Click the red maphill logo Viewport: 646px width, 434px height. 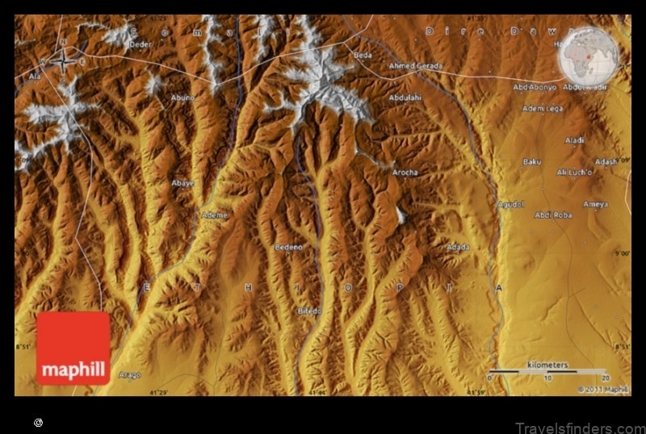pyautogui.click(x=73, y=348)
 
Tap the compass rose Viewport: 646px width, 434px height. pyautogui.click(x=62, y=58)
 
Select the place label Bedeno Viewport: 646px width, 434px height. pyautogui.click(x=288, y=248)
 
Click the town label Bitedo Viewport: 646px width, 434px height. pyautogui.click(x=309, y=311)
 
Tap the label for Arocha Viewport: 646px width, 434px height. pyautogui.click(x=405, y=173)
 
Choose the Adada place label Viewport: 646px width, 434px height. pyautogui.click(x=458, y=247)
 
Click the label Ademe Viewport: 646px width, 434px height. pyautogui.click(x=215, y=215)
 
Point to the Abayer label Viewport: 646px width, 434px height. pyautogui.click(x=183, y=183)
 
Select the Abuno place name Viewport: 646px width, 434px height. pyautogui.click(x=182, y=98)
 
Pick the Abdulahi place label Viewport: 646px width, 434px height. pyautogui.click(x=405, y=98)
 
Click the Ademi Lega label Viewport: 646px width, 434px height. pyautogui.click(x=543, y=108)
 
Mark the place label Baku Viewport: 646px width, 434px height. pyautogui.click(x=532, y=161)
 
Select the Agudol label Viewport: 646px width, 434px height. pyautogui.click(x=510, y=204)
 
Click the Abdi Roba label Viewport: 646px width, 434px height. pyautogui.click(x=553, y=215)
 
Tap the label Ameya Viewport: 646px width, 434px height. pyautogui.click(x=596, y=204)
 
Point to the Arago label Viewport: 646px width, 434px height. pyautogui.click(x=128, y=375)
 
